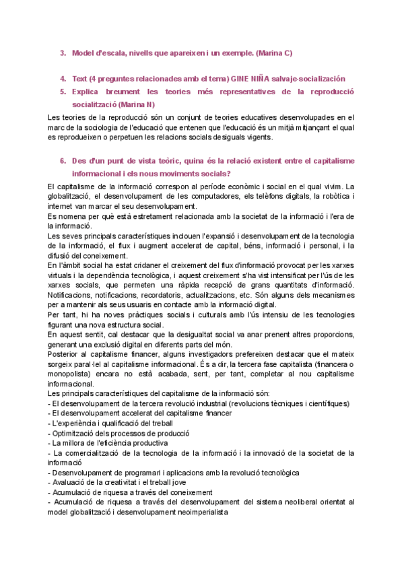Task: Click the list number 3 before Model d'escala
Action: point(63,53)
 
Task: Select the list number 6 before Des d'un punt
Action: point(63,161)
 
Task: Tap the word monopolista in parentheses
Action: point(71,374)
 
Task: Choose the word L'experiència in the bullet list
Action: point(75,423)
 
